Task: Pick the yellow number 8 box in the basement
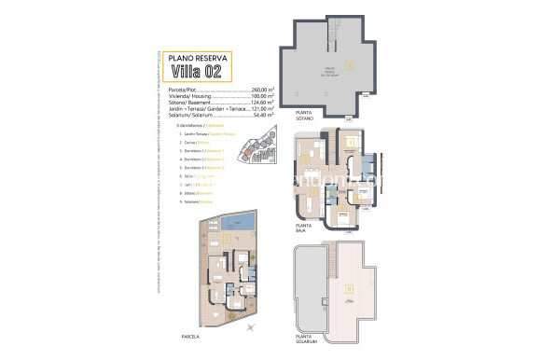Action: (x=349, y=65)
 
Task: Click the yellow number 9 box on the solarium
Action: (x=349, y=289)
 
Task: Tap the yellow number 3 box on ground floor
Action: (x=350, y=142)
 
